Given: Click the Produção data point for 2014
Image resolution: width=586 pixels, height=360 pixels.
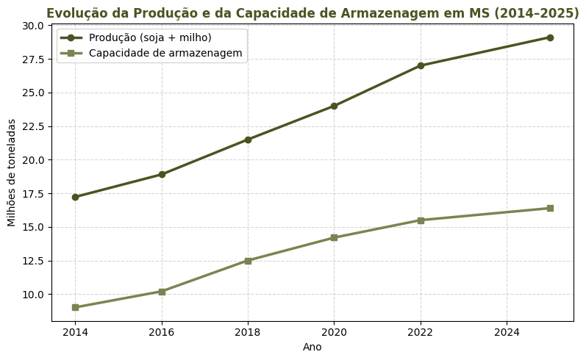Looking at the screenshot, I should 75,197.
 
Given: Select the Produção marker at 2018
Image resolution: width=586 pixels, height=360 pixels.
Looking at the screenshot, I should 248,140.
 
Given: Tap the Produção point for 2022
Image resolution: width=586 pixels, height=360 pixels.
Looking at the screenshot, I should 421,65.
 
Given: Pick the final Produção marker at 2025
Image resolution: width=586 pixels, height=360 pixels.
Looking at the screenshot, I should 550,37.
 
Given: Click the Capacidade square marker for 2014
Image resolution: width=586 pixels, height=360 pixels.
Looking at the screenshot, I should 75,307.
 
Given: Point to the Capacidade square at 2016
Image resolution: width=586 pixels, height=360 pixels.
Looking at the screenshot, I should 162,291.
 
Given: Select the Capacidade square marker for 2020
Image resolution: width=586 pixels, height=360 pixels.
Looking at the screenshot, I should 334,237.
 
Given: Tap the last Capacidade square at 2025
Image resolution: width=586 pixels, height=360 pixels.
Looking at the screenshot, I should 550,208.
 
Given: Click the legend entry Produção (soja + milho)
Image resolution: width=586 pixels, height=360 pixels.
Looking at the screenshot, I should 150,37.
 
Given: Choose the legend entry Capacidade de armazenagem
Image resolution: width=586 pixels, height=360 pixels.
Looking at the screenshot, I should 165,53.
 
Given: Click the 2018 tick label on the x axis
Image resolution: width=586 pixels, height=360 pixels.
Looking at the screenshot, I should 248,332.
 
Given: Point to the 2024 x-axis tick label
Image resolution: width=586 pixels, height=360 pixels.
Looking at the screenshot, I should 507,332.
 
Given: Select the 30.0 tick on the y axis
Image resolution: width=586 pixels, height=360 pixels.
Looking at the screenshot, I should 33,26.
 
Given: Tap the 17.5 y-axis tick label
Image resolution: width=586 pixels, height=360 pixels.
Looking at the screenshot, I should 33,194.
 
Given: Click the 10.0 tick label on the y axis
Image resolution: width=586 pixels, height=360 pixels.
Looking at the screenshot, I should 33,295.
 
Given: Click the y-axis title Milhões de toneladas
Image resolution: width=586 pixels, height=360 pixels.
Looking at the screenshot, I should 12,173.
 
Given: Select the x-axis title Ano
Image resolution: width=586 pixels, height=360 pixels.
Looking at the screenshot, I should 312,347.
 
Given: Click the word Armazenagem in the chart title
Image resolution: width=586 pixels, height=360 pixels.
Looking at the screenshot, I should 381,13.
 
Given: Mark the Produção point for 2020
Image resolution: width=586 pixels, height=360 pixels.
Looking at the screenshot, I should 334,106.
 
